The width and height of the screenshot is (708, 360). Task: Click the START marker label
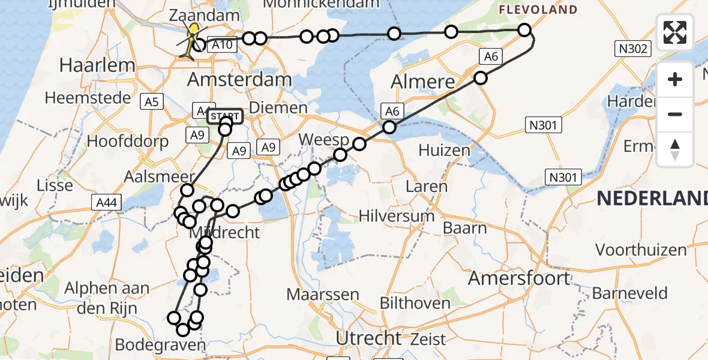coord(225,116)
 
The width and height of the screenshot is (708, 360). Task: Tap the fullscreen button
coord(675,32)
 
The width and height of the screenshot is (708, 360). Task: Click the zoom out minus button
coord(675,114)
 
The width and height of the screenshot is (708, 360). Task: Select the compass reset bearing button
coord(675,149)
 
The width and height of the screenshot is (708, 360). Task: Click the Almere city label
coord(422,82)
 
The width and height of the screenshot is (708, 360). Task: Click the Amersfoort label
coord(519,278)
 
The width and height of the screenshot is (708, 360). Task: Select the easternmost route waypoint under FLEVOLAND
coord(524,30)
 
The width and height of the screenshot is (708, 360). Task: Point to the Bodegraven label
coord(160,345)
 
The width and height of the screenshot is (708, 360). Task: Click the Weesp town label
coord(324,140)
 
